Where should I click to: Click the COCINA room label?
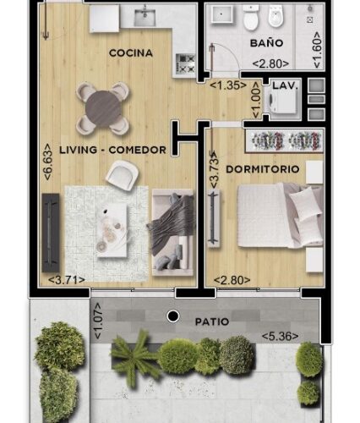(x=131, y=53)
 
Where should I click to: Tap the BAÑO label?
(x=266, y=43)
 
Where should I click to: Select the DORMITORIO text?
(x=263, y=169)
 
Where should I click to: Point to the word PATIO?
(x=212, y=321)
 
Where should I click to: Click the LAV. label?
(x=285, y=85)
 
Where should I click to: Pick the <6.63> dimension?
(x=48, y=162)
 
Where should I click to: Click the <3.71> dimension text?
(x=67, y=280)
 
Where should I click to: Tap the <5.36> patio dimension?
(x=280, y=336)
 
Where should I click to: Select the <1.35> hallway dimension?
(x=228, y=85)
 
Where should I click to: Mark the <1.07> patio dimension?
(x=98, y=321)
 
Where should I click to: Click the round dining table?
(x=104, y=108)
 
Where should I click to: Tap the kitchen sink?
(x=145, y=17)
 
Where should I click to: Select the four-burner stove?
(x=185, y=63)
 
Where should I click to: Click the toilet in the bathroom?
(x=250, y=18)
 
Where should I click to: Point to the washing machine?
(x=282, y=102)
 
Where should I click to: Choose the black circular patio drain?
(x=173, y=316)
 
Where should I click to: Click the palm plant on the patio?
(x=134, y=358)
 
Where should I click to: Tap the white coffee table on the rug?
(x=112, y=230)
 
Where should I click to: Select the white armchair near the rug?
(x=122, y=175)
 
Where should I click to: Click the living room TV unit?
(x=51, y=233)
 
